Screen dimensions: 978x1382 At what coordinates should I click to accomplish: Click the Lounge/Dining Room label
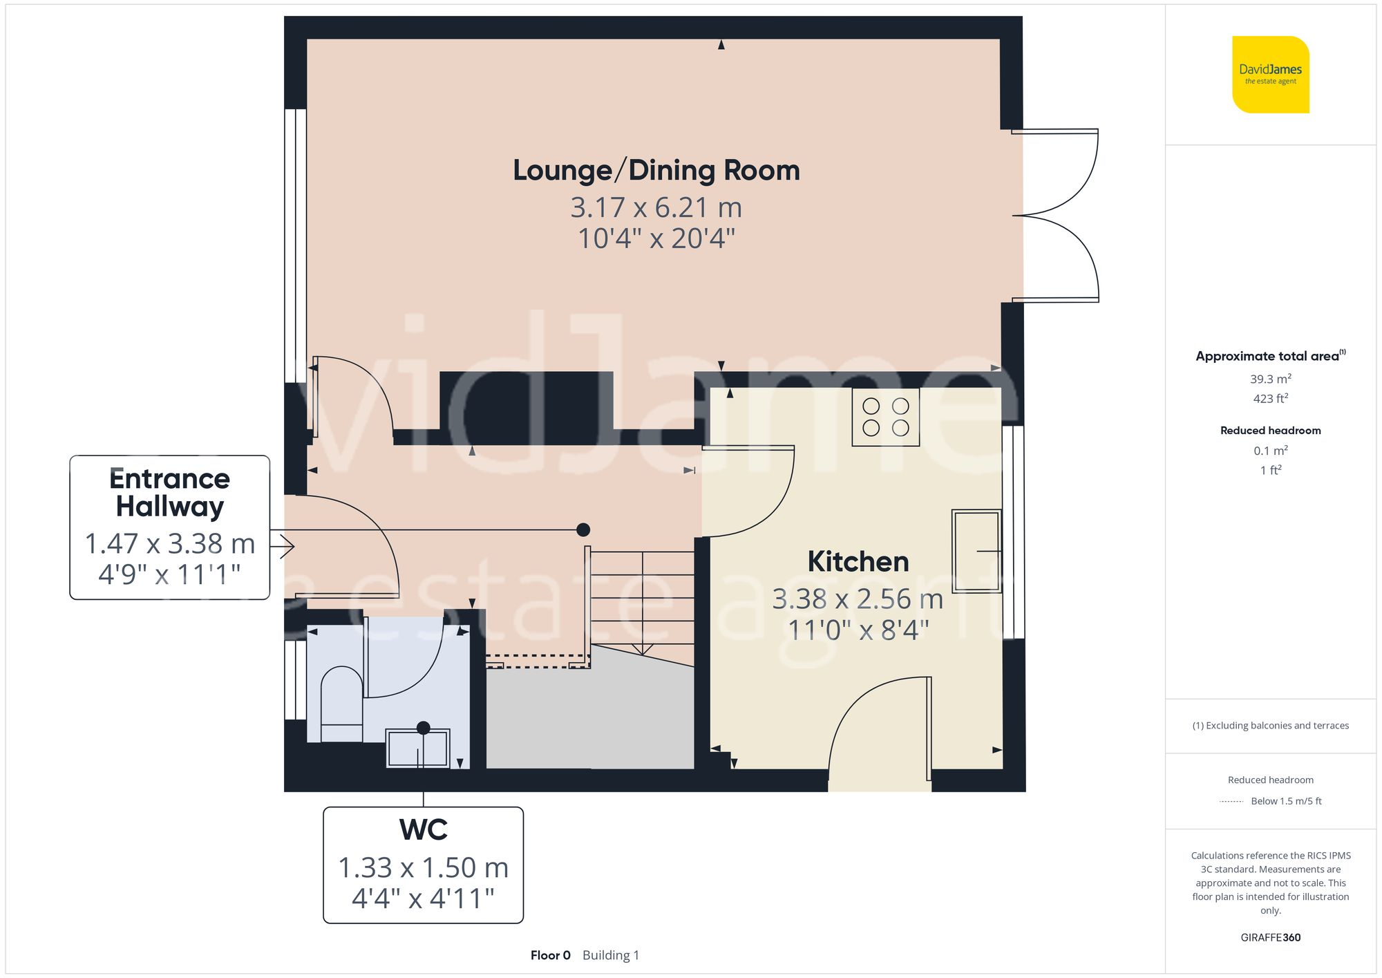pos(656,171)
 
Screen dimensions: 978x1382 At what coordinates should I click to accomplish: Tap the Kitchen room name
pos(858,562)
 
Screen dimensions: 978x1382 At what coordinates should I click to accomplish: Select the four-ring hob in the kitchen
pos(885,417)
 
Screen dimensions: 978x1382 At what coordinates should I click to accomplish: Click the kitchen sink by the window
pos(976,551)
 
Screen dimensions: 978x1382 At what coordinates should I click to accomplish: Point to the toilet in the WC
pos(341,702)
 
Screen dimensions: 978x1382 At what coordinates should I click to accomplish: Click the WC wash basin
pos(417,748)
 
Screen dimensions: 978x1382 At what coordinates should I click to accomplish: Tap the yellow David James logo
pos(1270,75)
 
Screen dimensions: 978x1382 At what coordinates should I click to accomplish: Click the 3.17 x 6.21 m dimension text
pos(656,207)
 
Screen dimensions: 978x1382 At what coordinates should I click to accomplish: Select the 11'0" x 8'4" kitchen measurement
pos(858,630)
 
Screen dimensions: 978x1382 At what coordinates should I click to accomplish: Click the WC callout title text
pos(423,830)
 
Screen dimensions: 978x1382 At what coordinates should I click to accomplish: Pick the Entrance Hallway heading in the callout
pos(169,492)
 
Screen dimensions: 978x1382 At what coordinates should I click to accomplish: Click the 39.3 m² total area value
pos(1270,379)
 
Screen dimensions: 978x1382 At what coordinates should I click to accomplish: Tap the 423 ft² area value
pos(1270,399)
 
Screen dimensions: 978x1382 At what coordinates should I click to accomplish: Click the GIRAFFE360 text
pos(1270,938)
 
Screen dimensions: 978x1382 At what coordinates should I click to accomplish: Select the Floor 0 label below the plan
pos(550,955)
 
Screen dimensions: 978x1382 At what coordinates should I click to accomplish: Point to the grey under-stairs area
pos(589,719)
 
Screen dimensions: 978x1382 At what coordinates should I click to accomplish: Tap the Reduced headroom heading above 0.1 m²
pos(1270,431)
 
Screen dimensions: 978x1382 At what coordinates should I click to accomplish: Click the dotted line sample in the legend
pos(1231,802)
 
